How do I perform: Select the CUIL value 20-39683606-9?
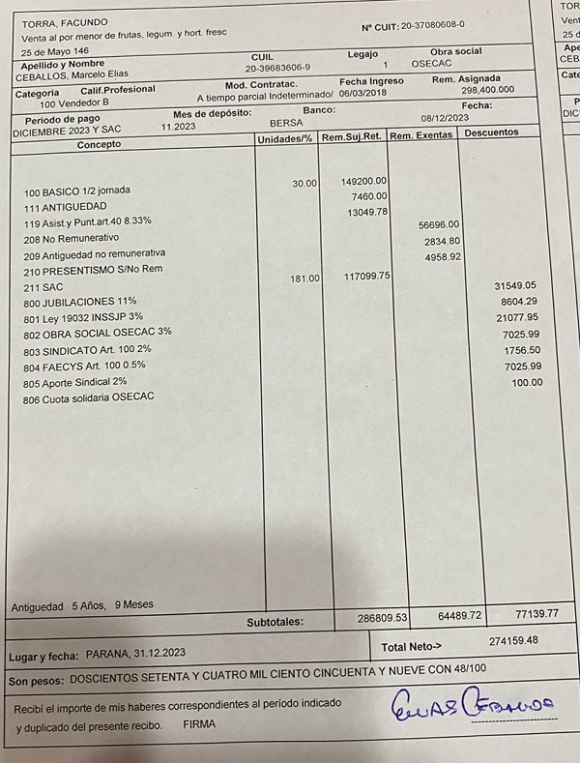[277, 69]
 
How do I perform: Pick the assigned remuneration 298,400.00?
[487, 89]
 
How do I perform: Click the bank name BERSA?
[286, 123]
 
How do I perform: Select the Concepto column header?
[100, 144]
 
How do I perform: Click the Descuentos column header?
[491, 132]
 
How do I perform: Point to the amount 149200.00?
[364, 181]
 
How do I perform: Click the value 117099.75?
[367, 277]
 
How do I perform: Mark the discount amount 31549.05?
[514, 286]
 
